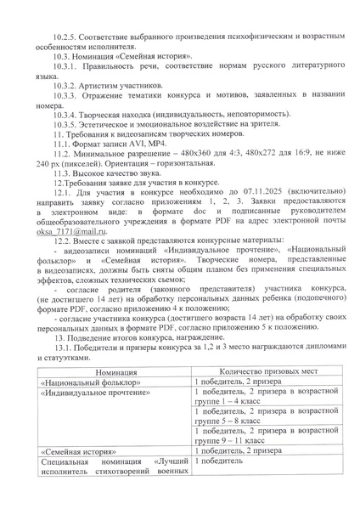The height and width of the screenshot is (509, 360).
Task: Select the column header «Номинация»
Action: click(109, 372)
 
